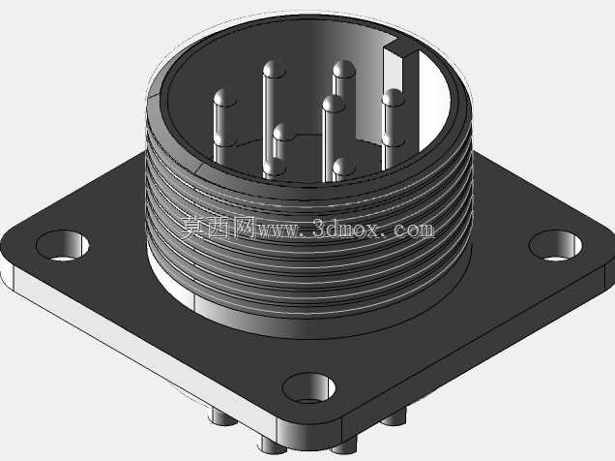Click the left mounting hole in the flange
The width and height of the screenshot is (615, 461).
click(x=62, y=245)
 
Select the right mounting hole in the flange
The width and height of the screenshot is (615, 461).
click(x=556, y=246)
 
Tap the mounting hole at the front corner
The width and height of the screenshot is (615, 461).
click(x=308, y=388)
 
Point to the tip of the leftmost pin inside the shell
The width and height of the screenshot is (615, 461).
click(x=224, y=98)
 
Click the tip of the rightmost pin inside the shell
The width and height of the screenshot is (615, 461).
click(x=393, y=98)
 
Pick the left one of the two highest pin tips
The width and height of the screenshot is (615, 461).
click(x=275, y=70)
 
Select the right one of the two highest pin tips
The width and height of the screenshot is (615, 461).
click(x=344, y=70)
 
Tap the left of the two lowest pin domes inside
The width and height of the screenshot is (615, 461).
click(x=275, y=167)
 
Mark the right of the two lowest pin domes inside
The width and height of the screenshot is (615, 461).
click(x=344, y=167)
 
